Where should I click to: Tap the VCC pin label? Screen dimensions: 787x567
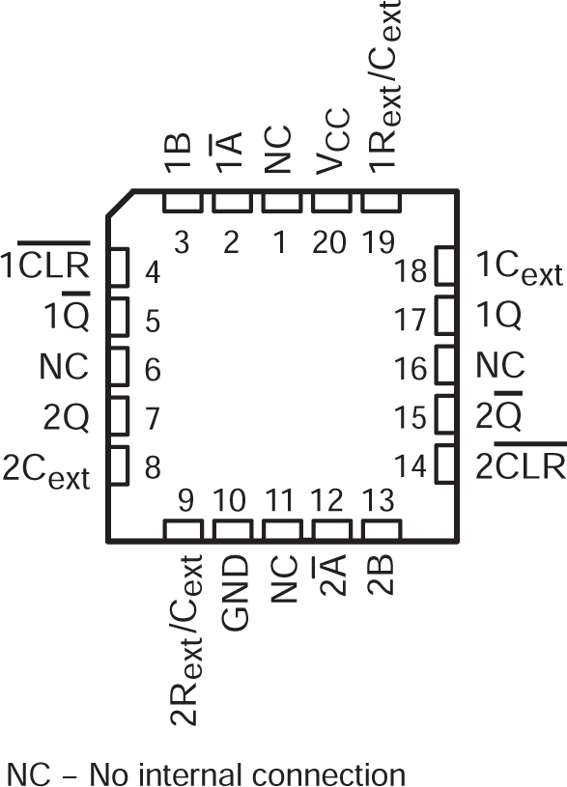pos(330,155)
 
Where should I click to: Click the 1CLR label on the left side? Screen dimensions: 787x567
pos(47,264)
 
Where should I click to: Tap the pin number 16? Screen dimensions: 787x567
pos(411,368)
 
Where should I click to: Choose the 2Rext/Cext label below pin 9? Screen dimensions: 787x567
pos(184,638)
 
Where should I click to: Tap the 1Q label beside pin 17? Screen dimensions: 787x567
pos(499,315)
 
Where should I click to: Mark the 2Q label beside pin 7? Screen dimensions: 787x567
pos(66,417)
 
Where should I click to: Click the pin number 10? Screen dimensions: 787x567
pos(232,501)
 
